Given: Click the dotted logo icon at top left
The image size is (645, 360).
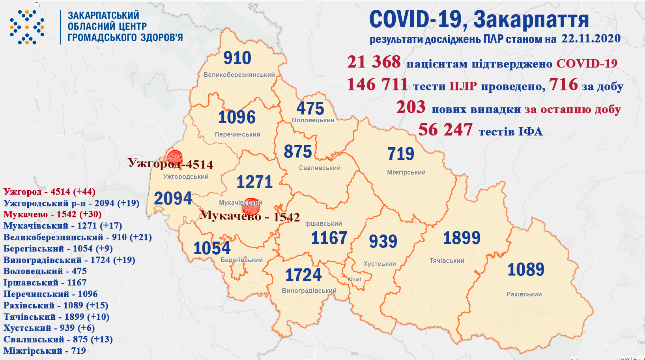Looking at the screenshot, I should click(x=27, y=27).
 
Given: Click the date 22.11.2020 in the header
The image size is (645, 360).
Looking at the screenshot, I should click(x=591, y=39).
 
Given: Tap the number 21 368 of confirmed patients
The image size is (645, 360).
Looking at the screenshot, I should click(x=374, y=62).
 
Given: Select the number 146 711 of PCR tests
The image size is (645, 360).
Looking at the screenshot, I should click(x=377, y=85).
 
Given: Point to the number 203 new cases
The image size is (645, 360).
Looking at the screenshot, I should click(x=411, y=107).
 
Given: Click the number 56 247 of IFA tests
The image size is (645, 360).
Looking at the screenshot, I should click(x=445, y=130).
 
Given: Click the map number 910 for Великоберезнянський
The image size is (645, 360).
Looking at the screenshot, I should click(x=237, y=58).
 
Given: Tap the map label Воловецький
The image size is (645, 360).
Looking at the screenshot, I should click(x=313, y=120).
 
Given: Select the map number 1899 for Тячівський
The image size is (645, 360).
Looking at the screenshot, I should click(x=462, y=238).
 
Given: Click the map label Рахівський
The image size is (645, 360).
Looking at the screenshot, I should click(x=524, y=294).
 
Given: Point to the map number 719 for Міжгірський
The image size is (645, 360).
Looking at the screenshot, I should click(x=400, y=154).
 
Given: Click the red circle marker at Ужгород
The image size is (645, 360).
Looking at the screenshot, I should click(x=174, y=157).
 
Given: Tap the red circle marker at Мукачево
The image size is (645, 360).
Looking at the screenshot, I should click(x=251, y=206).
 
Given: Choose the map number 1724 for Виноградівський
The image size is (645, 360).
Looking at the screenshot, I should click(x=303, y=275).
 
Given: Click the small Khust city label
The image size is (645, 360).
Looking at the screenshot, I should click(x=354, y=279).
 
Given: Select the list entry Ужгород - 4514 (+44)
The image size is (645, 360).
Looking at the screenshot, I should click(x=49, y=192).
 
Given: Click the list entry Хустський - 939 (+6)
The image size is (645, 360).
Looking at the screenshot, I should click(x=49, y=328).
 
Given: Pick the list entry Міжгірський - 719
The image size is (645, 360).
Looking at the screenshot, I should click(x=45, y=351).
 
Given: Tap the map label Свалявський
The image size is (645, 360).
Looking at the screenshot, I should click(x=319, y=168).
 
